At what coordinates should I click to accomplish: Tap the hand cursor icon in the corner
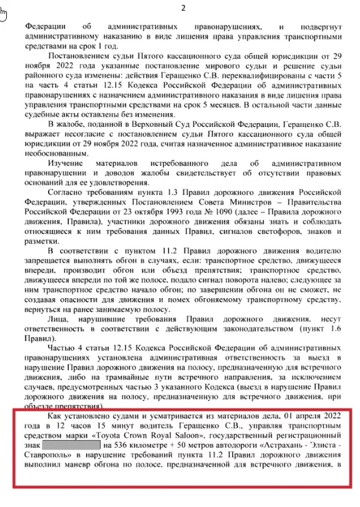[4, 13]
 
